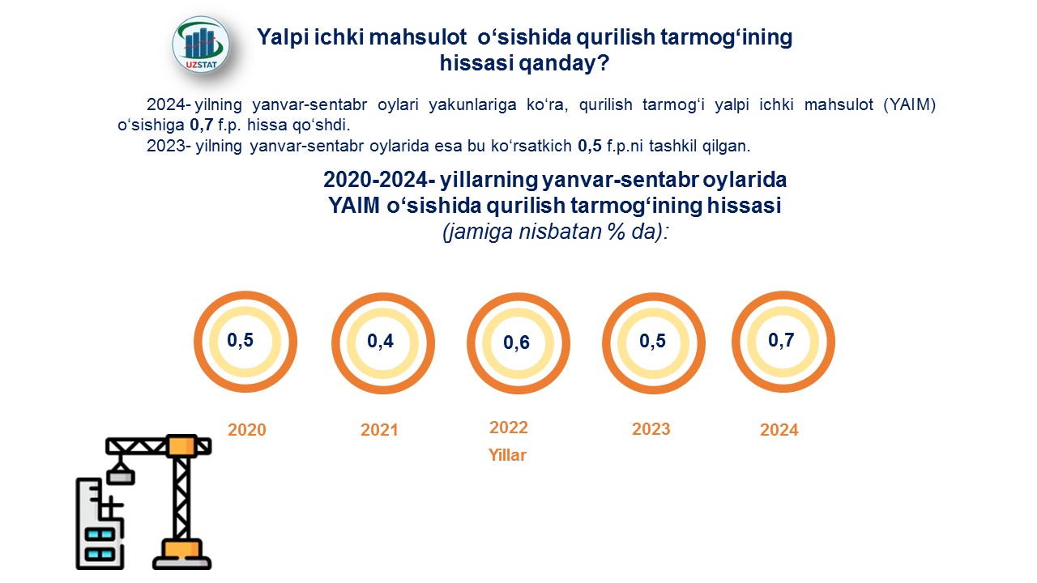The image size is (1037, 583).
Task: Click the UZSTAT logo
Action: pyautogui.click(x=200, y=45)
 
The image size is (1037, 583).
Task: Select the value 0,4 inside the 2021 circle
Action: pyautogui.click(x=380, y=341)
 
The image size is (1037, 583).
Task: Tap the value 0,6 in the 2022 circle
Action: pyautogui.click(x=516, y=343)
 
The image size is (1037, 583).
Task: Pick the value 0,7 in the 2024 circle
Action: pyautogui.click(x=781, y=340)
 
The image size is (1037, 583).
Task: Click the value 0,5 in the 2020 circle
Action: pyautogui.click(x=241, y=340)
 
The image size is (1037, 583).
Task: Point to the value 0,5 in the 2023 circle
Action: pyautogui.click(x=652, y=341)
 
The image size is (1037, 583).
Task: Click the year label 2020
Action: pyautogui.click(x=247, y=430)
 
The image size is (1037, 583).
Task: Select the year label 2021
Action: pyautogui.click(x=379, y=430)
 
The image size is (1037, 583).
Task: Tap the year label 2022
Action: pyautogui.click(x=508, y=427)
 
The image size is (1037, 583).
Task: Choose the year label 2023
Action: pyautogui.click(x=651, y=429)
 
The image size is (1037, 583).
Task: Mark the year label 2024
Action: pyautogui.click(x=779, y=430)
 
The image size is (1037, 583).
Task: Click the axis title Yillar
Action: pyautogui.click(x=507, y=455)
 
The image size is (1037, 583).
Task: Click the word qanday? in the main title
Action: pyautogui.click(x=563, y=63)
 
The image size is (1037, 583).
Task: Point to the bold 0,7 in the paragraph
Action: pyautogui.click(x=202, y=125)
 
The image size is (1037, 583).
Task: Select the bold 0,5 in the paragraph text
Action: pyautogui.click(x=590, y=147)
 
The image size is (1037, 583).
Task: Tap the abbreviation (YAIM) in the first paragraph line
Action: pyautogui.click(x=910, y=105)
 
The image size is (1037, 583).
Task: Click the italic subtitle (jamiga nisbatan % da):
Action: pyautogui.click(x=556, y=232)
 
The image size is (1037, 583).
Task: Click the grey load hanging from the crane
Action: pyautogui.click(x=121, y=476)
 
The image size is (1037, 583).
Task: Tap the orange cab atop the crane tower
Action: pyautogui.click(x=181, y=445)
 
